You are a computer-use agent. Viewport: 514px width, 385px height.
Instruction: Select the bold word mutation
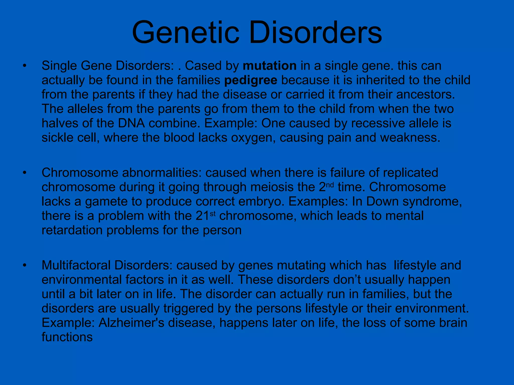(270, 66)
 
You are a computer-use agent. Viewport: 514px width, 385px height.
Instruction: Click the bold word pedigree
(251, 80)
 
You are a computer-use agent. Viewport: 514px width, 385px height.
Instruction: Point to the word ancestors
(425, 94)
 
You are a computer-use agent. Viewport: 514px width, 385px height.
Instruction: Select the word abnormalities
(162, 173)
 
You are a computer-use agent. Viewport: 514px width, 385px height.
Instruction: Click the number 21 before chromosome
(202, 216)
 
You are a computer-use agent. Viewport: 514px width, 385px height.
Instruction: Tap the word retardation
(72, 230)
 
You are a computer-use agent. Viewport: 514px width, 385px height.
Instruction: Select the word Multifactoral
(76, 265)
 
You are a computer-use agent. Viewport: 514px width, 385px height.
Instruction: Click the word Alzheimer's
(131, 323)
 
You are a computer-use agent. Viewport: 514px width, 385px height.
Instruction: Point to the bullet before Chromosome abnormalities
(24, 173)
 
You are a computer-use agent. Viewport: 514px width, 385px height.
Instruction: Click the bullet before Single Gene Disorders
(24, 66)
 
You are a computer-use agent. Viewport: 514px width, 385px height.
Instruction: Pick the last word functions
(67, 337)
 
